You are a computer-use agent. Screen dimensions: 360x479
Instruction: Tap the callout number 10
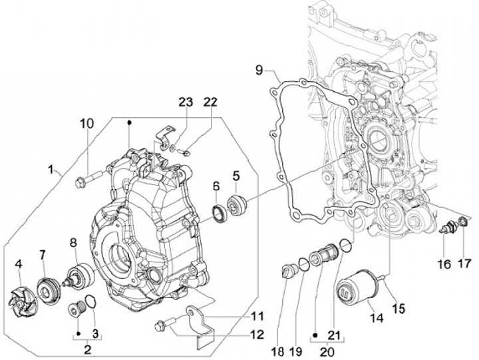[x=87, y=124]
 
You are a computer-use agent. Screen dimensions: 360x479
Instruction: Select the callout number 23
[x=184, y=102]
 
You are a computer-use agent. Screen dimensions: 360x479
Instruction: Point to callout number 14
[x=377, y=318]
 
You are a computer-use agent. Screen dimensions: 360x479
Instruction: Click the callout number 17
[x=463, y=263]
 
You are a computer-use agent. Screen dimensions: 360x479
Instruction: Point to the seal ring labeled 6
[x=218, y=211]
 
